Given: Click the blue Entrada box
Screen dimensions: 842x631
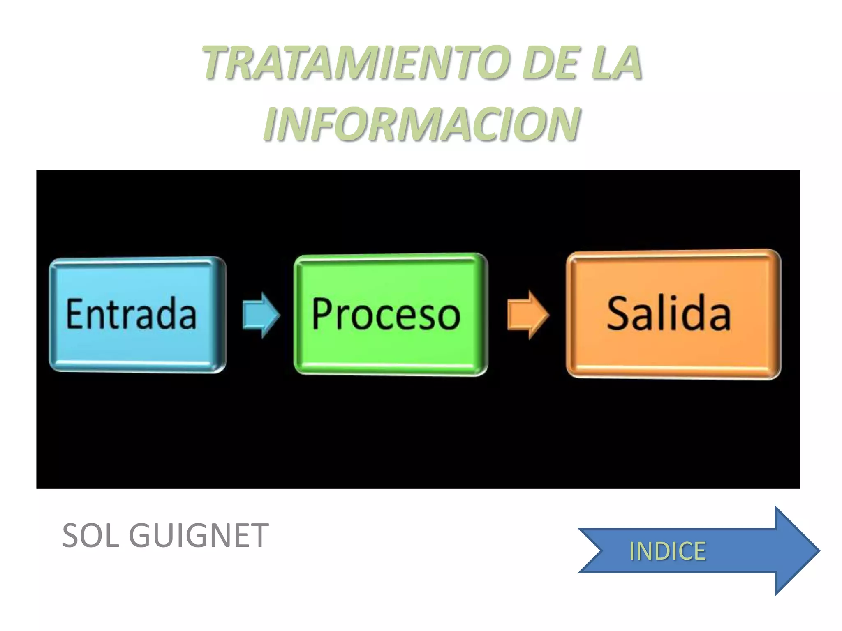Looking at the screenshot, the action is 138,345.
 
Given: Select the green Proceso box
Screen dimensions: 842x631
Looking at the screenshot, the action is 391,349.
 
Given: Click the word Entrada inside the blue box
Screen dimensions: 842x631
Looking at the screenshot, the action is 132,314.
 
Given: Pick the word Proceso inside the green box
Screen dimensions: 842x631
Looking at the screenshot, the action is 386,314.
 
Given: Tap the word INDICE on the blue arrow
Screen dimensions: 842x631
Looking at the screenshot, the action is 667,551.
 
